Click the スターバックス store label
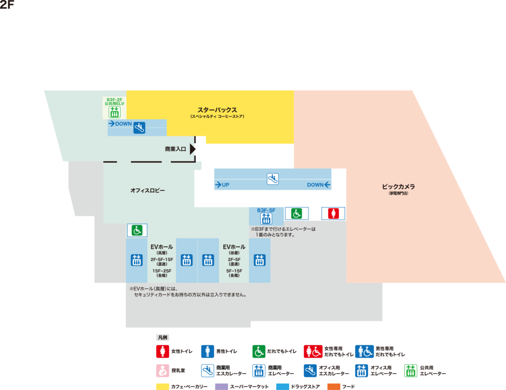217,110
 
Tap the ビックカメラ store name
398,187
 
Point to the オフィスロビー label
148,190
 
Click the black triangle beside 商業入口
193,148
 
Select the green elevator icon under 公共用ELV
115,112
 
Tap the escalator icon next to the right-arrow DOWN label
139,127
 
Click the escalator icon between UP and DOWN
273,179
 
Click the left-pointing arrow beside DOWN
327,185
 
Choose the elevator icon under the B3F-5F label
266,218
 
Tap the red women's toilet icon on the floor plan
334,213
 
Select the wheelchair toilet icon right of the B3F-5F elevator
296,213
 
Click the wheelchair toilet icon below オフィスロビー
137,230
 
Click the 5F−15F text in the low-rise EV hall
234,270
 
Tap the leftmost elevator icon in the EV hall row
137,260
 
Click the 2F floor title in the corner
7,5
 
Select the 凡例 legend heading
163,338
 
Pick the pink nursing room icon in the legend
163,370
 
